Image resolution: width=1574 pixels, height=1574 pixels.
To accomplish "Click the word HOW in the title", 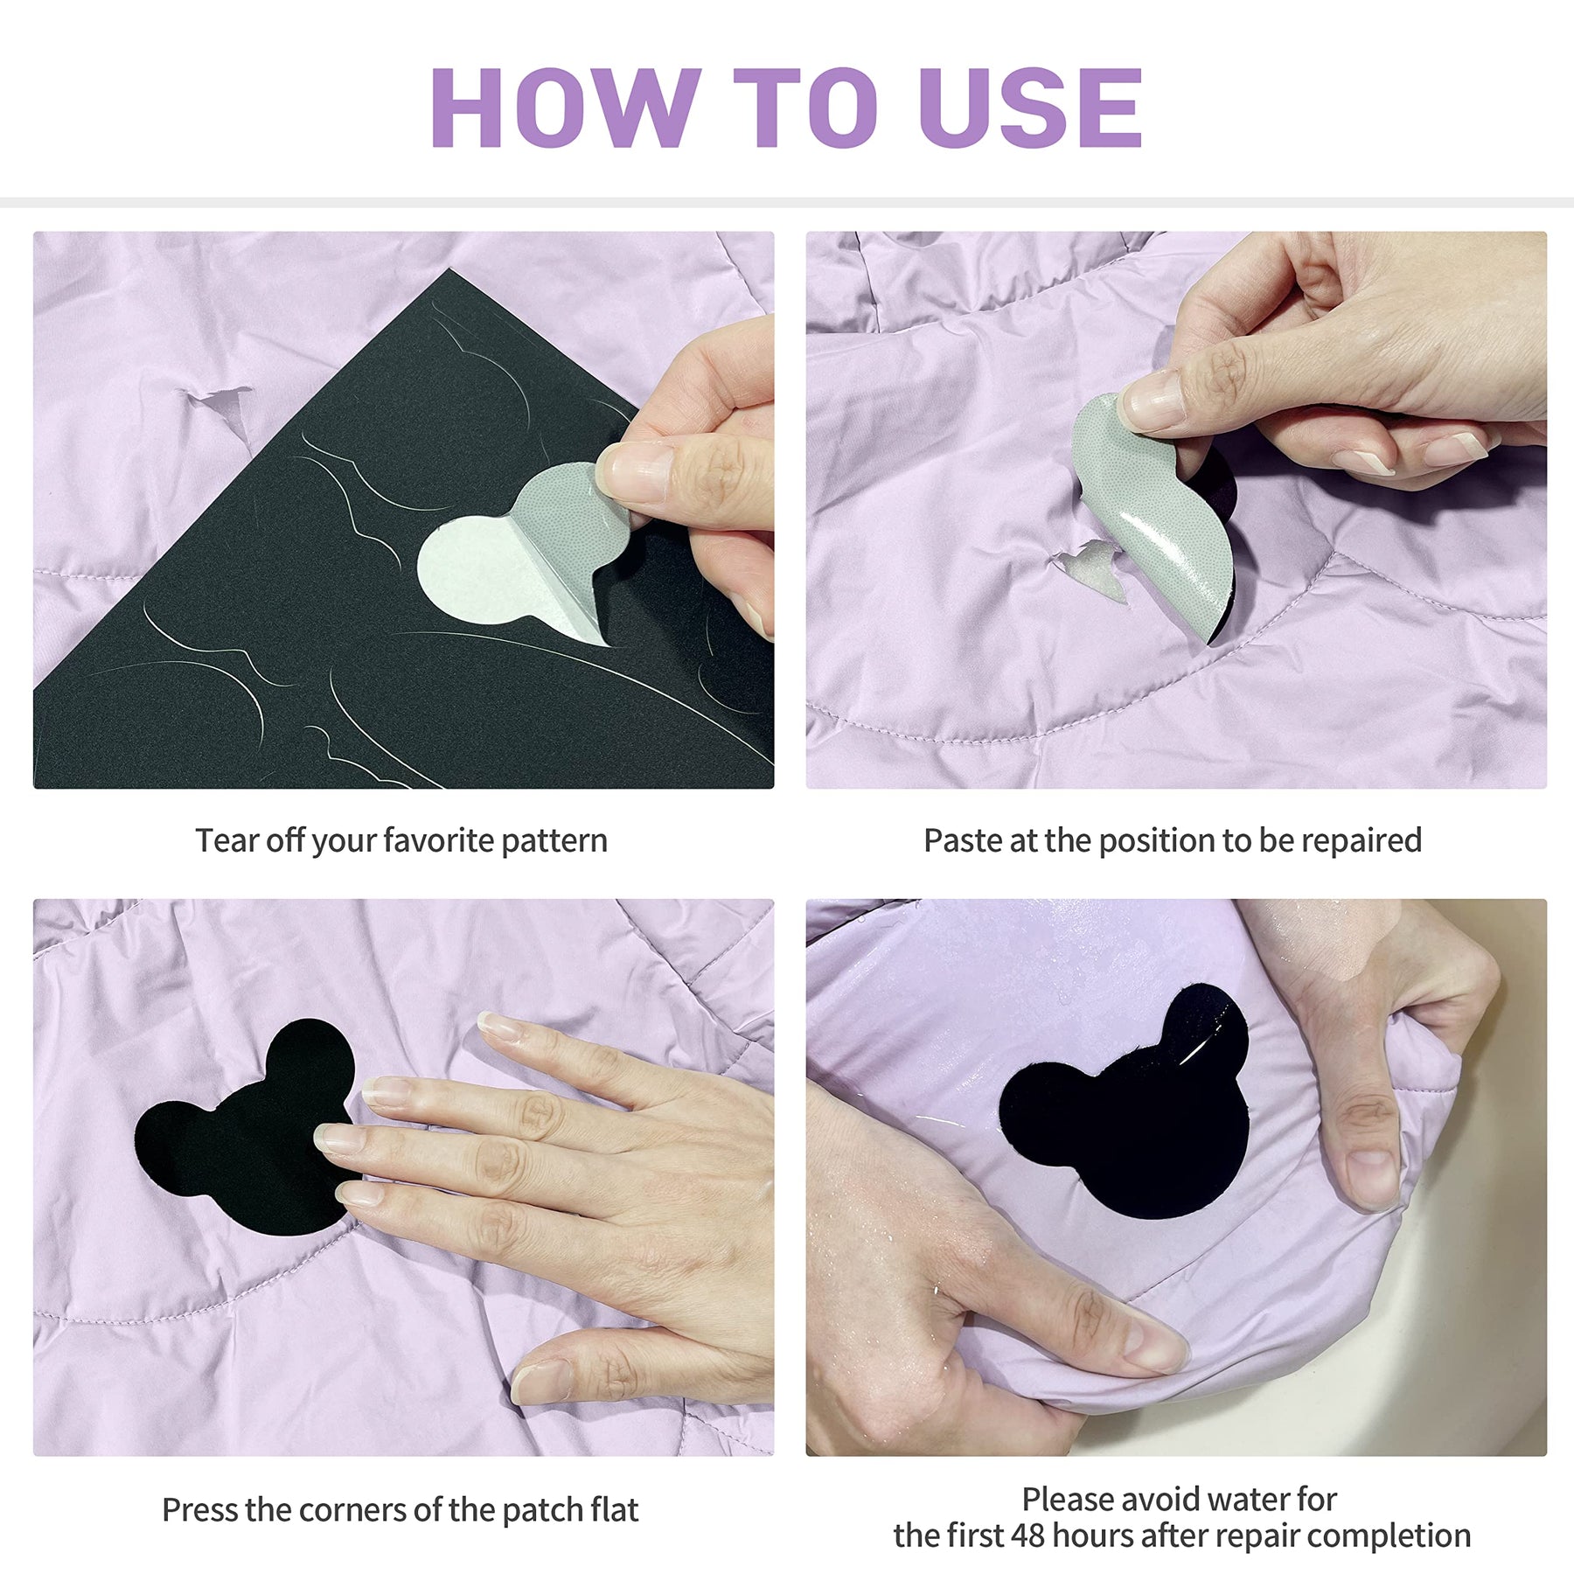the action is (565, 108).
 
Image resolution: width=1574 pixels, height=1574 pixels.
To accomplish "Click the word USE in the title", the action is (1031, 108).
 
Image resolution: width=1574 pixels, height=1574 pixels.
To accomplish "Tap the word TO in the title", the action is (805, 108).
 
